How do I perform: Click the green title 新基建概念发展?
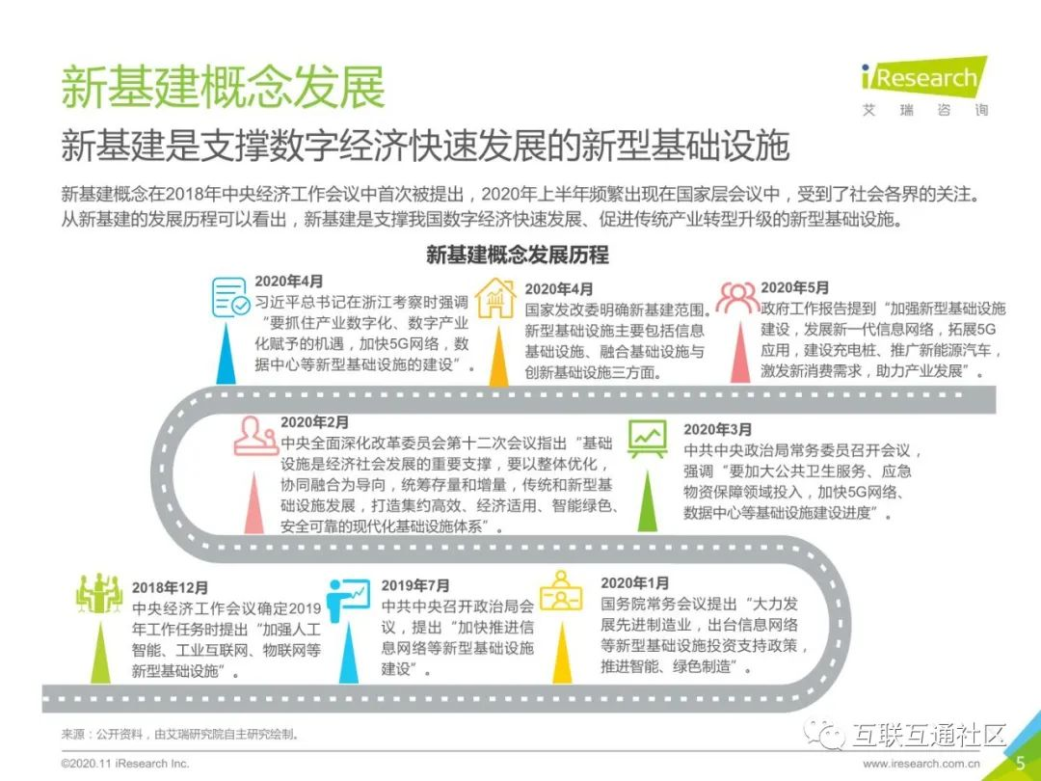click(x=223, y=88)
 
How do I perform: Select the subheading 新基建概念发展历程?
click(x=518, y=256)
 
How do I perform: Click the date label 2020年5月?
click(x=794, y=287)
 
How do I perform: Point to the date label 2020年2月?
click(x=315, y=422)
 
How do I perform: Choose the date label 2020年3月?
click(x=718, y=429)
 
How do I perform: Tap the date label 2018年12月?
click(x=171, y=587)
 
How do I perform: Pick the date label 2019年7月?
click(x=415, y=585)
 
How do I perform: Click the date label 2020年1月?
click(x=634, y=583)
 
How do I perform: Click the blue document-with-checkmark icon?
click(x=230, y=297)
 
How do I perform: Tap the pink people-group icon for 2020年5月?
click(x=738, y=296)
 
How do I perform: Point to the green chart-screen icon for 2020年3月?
click(x=647, y=440)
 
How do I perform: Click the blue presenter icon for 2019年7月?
click(x=347, y=599)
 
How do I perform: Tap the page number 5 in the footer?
click(x=1020, y=763)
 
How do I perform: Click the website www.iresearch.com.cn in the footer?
click(x=922, y=764)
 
